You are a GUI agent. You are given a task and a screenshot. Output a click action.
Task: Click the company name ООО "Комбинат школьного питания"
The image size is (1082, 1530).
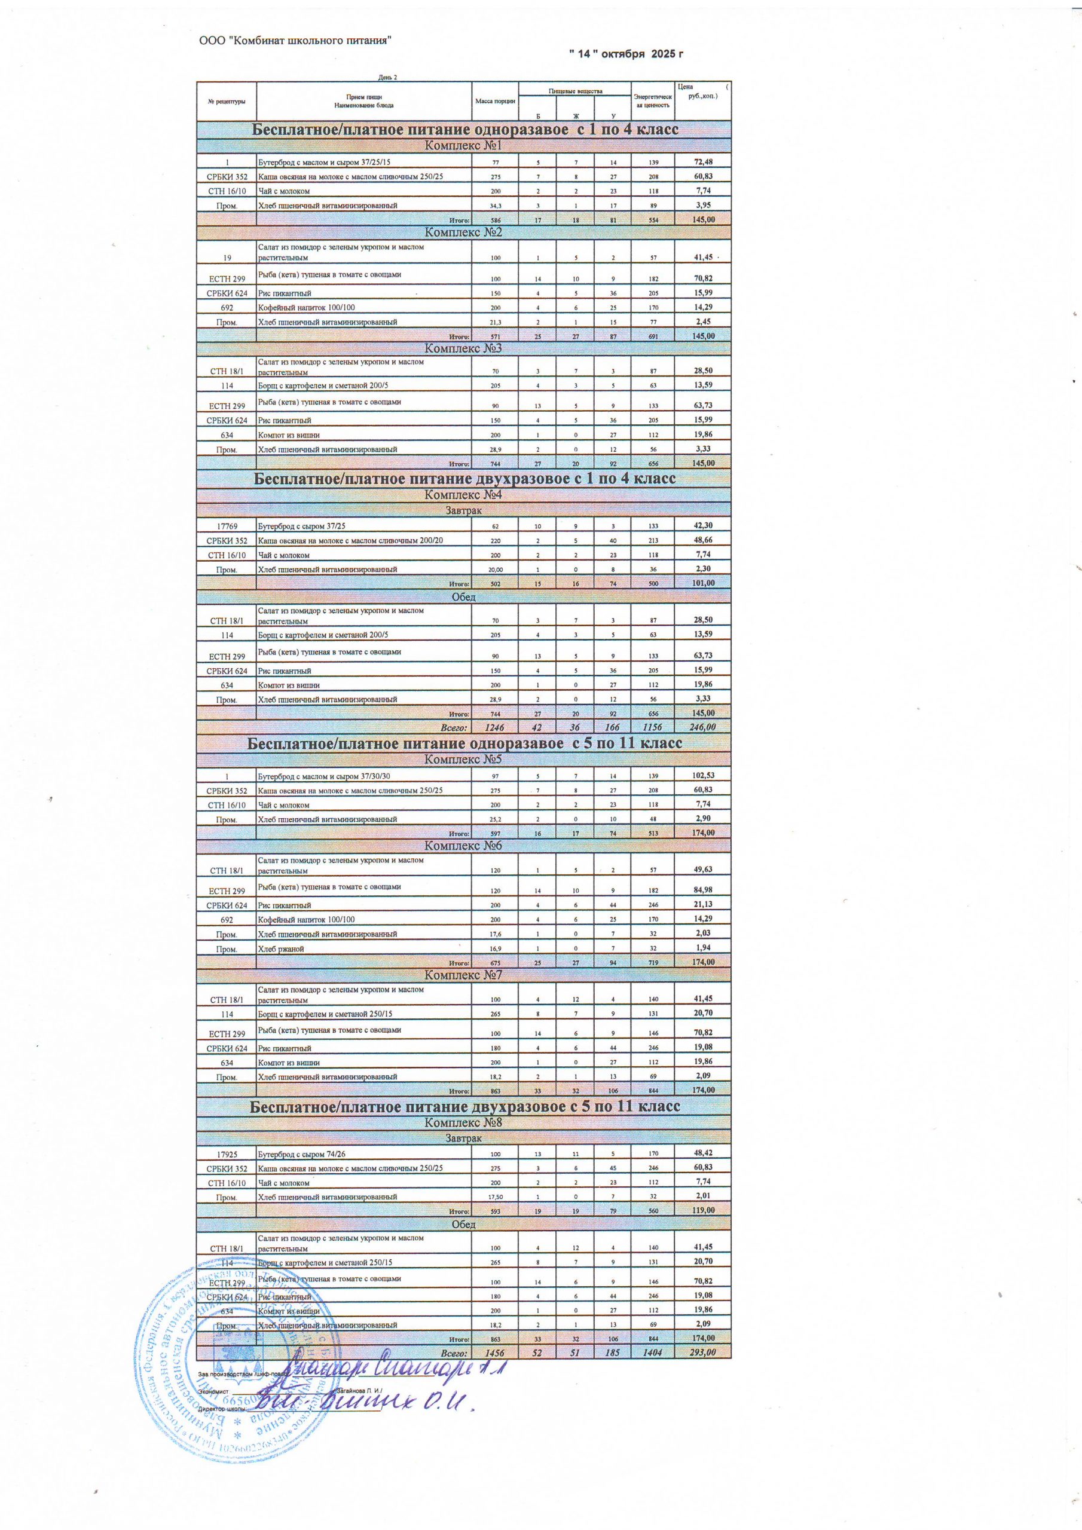pos(295,41)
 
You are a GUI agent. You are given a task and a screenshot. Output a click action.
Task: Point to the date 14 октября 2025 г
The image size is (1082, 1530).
pos(626,54)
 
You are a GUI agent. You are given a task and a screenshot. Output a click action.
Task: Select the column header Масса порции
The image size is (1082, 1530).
pos(494,101)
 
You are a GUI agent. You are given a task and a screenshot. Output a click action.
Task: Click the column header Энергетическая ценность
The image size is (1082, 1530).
pos(653,101)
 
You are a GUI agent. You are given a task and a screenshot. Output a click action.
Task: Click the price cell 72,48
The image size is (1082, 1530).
pos(701,162)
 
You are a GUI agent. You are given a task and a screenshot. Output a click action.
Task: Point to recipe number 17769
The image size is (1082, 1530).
pos(227,526)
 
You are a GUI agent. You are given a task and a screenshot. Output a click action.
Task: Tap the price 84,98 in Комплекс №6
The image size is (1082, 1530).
pos(701,891)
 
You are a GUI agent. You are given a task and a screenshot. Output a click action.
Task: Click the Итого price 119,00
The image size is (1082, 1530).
pos(701,1210)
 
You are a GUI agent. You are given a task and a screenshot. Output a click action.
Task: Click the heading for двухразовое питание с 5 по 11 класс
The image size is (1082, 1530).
pos(464,1106)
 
